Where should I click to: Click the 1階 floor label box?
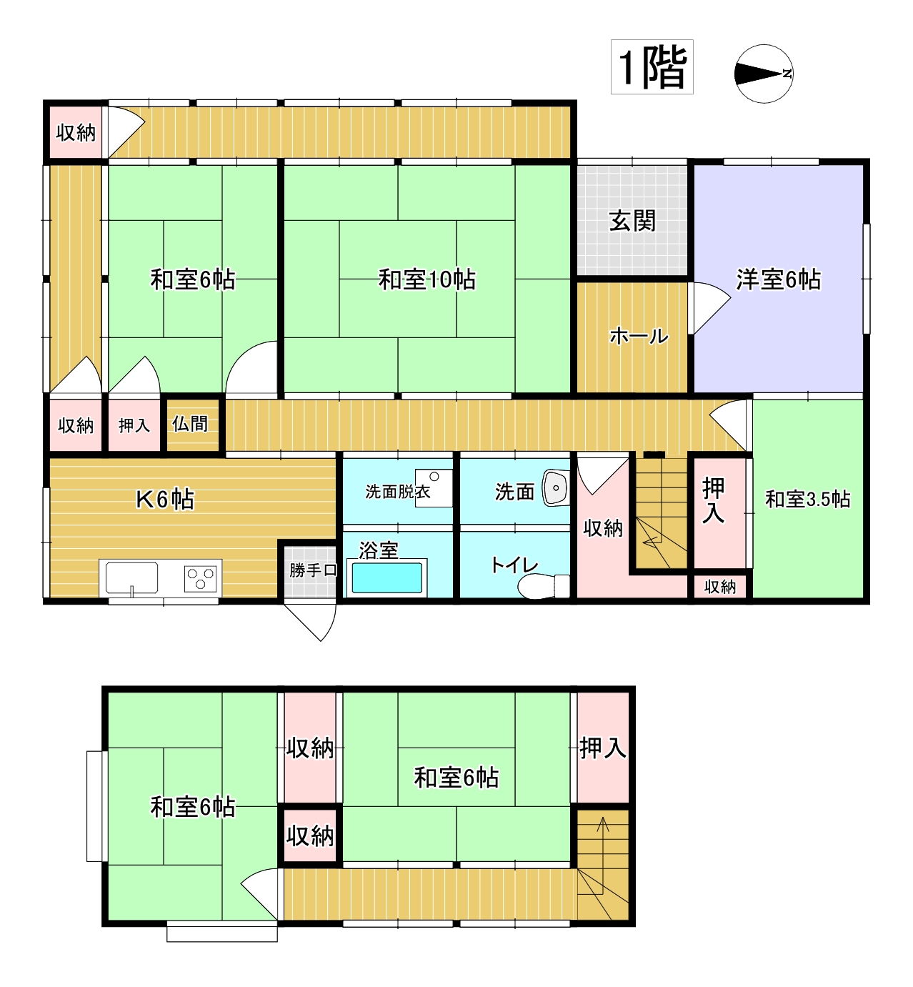pos(652,67)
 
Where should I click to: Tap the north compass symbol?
pos(764,74)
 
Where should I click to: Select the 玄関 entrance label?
pos(632,221)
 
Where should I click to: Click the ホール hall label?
pos(639,337)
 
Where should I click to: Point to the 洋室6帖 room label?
pos(778,279)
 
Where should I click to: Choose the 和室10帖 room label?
pos(427,279)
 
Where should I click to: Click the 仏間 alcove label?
pos(190,424)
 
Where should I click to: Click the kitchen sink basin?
pos(131,577)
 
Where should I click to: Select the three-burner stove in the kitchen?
pos(200,579)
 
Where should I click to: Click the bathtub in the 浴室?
pos(386,577)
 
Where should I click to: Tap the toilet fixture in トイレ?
pos(543,587)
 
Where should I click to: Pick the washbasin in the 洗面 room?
pos(556,488)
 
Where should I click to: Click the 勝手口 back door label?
pos(313,570)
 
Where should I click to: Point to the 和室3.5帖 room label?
pos(808,500)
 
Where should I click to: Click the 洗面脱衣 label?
pos(398,492)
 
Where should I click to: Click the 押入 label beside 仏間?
pos(134,425)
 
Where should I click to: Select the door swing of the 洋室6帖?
pos(712,308)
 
